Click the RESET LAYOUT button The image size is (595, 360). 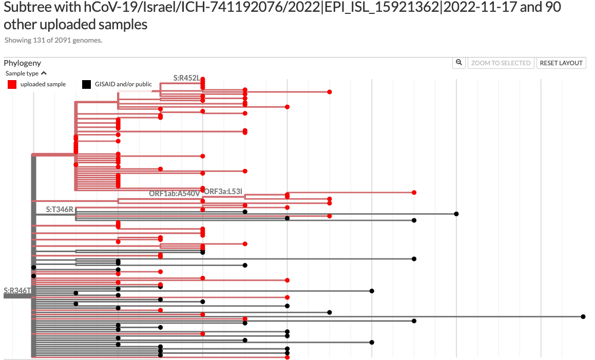click(x=561, y=63)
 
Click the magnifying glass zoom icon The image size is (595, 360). click(x=459, y=63)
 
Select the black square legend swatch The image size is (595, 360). click(x=87, y=84)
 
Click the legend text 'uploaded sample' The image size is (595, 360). click(x=43, y=84)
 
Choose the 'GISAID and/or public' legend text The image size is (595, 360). click(x=123, y=84)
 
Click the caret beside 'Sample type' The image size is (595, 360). click(x=44, y=73)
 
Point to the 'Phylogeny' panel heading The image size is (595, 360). click(x=22, y=63)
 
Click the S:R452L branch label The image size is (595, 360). click(x=186, y=78)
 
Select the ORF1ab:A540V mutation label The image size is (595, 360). click(x=174, y=194)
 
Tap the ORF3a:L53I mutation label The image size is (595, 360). click(x=223, y=192)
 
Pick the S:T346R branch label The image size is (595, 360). click(x=60, y=210)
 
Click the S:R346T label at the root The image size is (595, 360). click(x=17, y=291)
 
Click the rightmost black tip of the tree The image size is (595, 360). click(x=583, y=316)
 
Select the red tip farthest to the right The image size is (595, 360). click(x=414, y=193)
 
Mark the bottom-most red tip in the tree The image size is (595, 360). click(x=287, y=357)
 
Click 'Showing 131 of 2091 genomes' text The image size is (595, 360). click(x=53, y=40)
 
